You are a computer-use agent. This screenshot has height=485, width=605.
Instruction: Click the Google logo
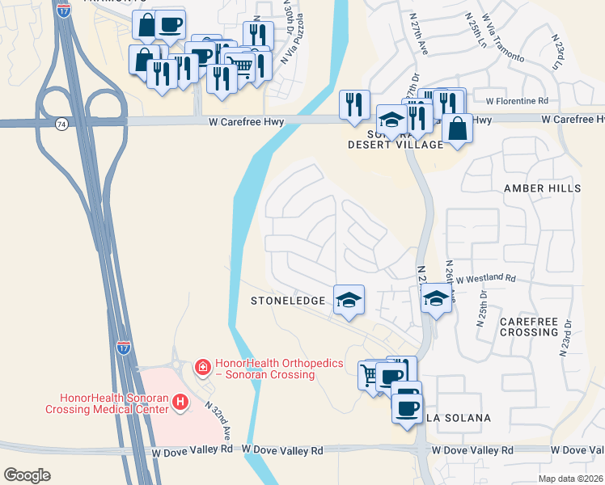tap(27, 475)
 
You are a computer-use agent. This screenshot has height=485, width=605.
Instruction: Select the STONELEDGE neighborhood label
tap(289, 301)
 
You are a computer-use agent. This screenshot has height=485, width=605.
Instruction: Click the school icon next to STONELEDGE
tap(349, 300)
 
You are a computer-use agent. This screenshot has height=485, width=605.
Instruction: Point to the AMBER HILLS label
tap(542, 188)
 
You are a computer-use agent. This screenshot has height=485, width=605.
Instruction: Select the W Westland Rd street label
tap(485, 278)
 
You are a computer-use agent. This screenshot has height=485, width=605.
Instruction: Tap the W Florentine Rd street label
tap(517, 101)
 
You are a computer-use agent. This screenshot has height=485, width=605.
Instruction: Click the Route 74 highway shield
tap(61, 124)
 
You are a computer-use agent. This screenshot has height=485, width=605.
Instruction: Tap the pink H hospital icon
tap(181, 401)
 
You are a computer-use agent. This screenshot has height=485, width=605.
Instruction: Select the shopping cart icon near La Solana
tap(370, 374)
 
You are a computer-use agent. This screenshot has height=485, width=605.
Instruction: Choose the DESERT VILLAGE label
tap(396, 145)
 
